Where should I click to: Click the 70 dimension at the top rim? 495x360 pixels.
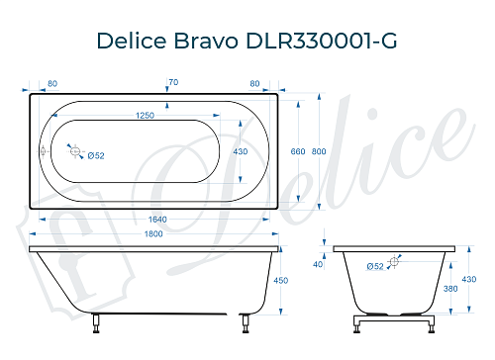173,83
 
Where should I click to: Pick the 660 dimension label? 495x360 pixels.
296,151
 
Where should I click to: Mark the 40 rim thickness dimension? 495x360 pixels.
318,264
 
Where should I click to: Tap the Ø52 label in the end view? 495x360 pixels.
375,267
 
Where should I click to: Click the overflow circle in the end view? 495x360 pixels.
396,261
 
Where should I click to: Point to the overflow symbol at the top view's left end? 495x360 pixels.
42,151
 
